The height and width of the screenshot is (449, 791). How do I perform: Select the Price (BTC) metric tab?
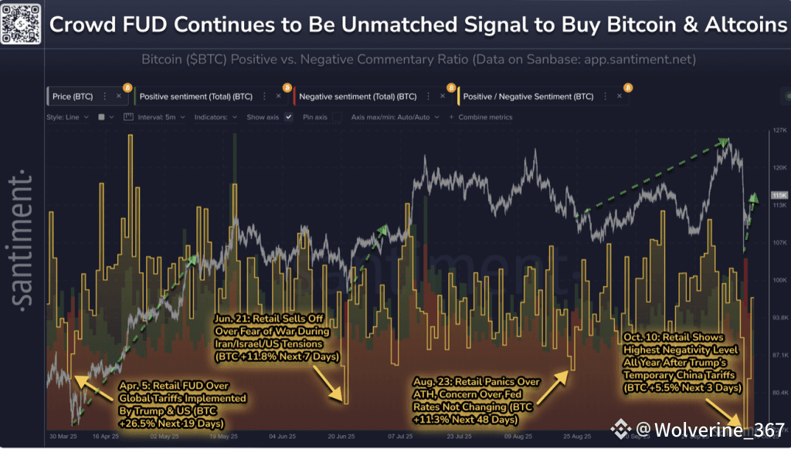point(73,96)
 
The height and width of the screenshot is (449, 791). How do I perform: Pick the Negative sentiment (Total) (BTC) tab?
point(358,96)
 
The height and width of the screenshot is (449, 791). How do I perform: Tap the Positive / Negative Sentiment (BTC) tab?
point(528,96)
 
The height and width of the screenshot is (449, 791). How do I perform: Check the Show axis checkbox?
point(288,117)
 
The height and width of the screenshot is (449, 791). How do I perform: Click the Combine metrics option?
point(484,117)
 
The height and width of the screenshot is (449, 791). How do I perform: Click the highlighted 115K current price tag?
point(779,196)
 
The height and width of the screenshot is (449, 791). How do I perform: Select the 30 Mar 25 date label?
point(62,435)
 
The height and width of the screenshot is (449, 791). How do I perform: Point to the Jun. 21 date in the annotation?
point(233,318)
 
